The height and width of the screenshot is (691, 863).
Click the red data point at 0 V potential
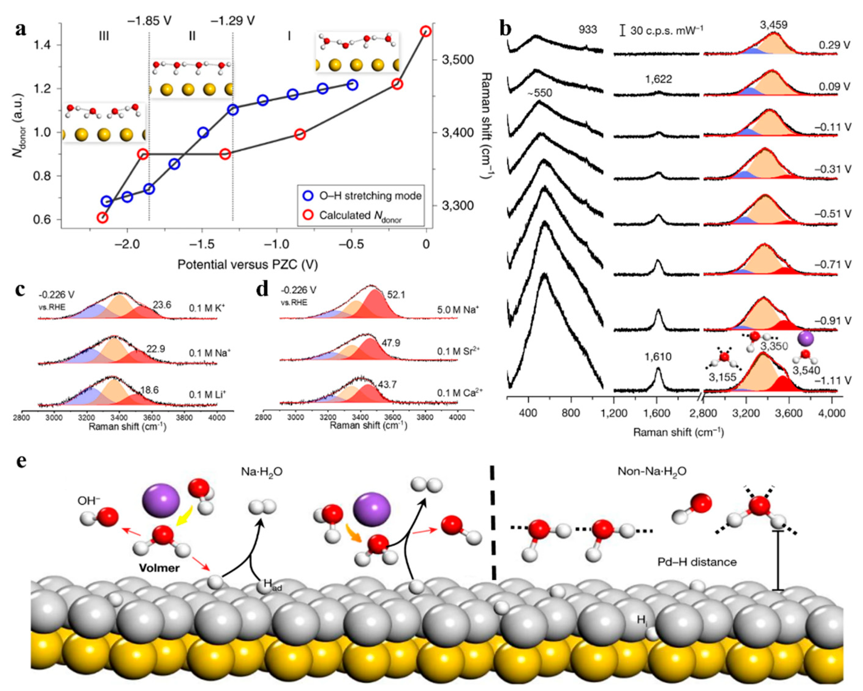(x=426, y=32)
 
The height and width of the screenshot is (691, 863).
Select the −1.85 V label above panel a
(x=149, y=21)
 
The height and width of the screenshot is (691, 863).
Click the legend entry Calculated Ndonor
(x=360, y=216)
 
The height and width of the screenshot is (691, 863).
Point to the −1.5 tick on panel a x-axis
(x=202, y=244)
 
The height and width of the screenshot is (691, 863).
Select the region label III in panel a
(x=104, y=36)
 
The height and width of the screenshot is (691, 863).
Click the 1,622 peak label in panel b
(x=658, y=79)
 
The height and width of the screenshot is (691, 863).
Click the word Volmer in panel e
(x=159, y=568)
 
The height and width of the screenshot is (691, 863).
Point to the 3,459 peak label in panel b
(x=774, y=25)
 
